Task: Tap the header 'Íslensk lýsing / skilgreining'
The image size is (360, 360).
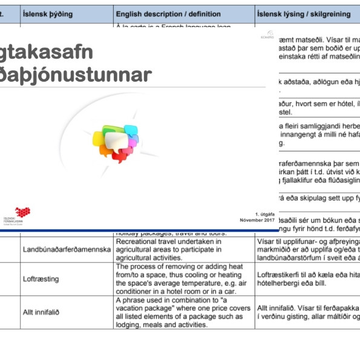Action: [x=295, y=13]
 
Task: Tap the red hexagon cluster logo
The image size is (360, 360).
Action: [x=23, y=214]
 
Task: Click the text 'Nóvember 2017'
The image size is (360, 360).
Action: [x=257, y=220]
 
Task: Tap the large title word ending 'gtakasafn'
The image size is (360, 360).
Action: [x=51, y=53]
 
